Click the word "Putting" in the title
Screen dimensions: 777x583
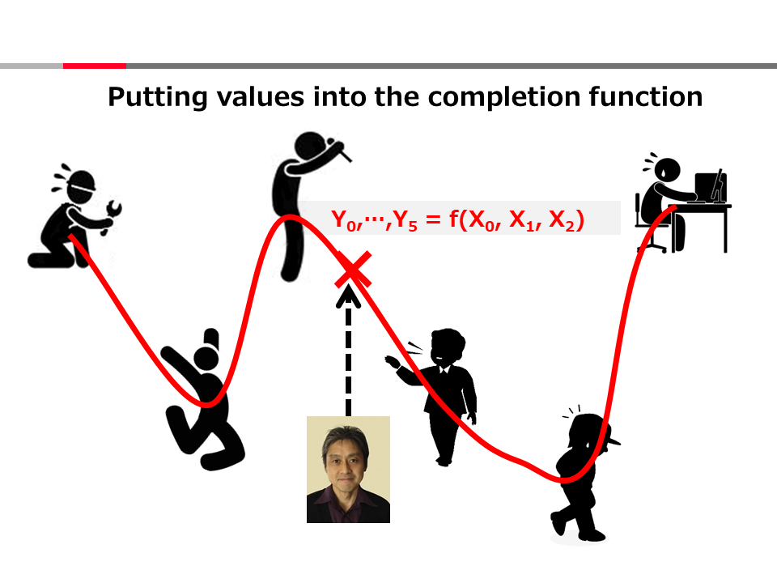(x=157, y=97)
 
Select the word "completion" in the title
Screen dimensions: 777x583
(x=504, y=97)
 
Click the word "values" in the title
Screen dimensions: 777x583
(x=261, y=96)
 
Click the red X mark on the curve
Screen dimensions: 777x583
(x=353, y=270)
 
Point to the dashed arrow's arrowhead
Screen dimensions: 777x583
(x=348, y=296)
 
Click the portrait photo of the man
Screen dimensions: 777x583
(x=348, y=470)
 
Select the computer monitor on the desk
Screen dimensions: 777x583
(x=710, y=186)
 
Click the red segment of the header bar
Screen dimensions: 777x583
(x=95, y=66)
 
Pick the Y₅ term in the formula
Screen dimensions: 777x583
(x=405, y=219)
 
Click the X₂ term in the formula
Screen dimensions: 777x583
(x=562, y=220)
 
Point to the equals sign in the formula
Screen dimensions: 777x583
(x=433, y=219)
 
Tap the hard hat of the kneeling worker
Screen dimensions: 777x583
(x=79, y=180)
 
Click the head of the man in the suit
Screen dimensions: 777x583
(x=448, y=346)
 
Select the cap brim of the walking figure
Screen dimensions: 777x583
(x=613, y=440)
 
